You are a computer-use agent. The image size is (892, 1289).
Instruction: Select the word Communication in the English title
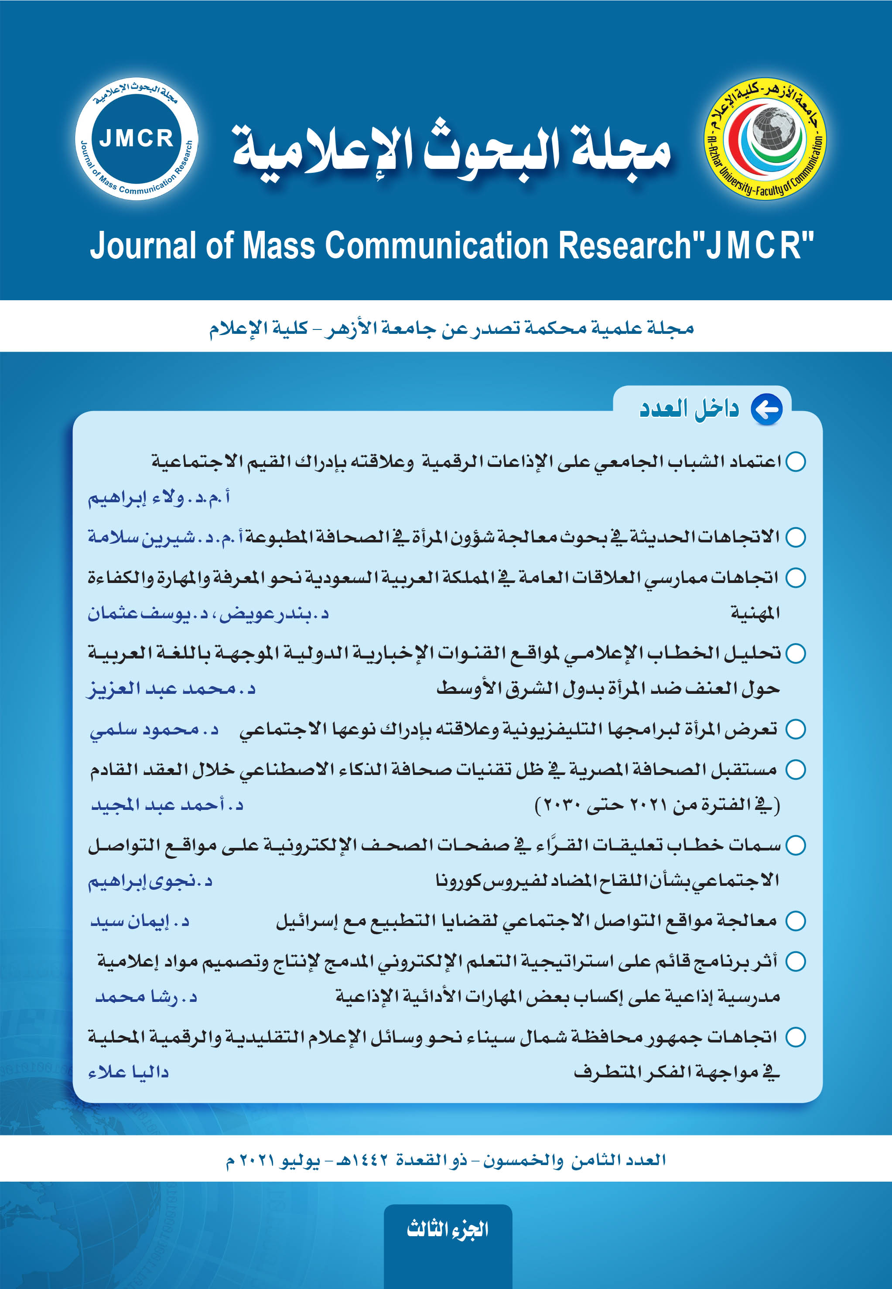tap(437, 246)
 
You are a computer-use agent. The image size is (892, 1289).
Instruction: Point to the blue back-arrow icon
tap(766, 409)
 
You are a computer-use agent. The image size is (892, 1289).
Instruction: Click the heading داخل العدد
tap(689, 409)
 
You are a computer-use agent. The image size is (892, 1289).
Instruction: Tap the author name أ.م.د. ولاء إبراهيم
tap(159, 497)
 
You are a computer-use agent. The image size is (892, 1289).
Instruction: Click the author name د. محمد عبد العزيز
tap(171, 689)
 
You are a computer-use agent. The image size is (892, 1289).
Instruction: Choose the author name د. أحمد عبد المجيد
tap(167, 805)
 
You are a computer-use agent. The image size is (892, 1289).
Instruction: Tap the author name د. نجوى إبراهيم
tap(150, 881)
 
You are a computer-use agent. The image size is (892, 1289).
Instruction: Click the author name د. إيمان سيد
tap(140, 921)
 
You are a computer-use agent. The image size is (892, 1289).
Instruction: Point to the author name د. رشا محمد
tap(147, 997)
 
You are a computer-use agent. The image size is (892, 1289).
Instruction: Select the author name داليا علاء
tap(129, 1072)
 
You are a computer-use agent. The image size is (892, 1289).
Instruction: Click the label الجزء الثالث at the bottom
tap(448, 1229)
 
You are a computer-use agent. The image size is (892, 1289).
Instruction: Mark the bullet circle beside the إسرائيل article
tap(795, 921)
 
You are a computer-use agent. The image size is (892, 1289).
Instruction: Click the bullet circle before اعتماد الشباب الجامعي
tap(795, 462)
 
